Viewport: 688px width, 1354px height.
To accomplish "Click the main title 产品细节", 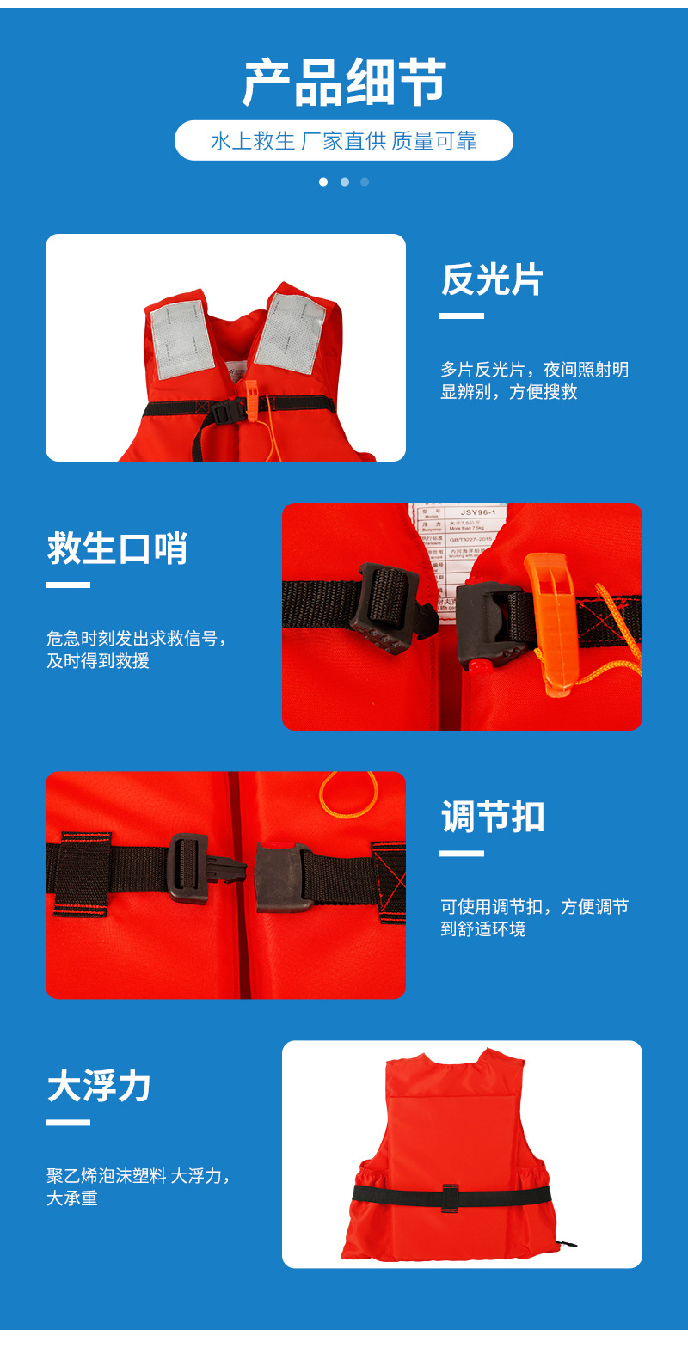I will pos(344,83).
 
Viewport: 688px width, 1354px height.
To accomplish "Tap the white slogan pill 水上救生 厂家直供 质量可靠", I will pos(344,141).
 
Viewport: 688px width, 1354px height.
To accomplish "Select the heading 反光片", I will pos(492,280).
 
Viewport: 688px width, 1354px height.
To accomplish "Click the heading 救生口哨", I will pos(117,548).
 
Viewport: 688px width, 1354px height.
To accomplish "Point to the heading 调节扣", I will pos(493,817).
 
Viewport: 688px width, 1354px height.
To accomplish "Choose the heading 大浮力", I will pos(99,1086).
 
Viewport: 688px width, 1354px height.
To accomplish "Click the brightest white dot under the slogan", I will pos(323,182).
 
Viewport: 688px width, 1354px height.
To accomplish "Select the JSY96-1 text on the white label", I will pos(477,513).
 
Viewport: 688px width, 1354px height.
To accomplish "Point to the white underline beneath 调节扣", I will pos(462,854).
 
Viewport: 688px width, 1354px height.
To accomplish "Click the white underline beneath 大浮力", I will pos(68,1122).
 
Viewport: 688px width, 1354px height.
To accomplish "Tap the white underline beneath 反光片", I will pos(462,316).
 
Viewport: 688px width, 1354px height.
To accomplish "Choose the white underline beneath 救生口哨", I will pos(68,585).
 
